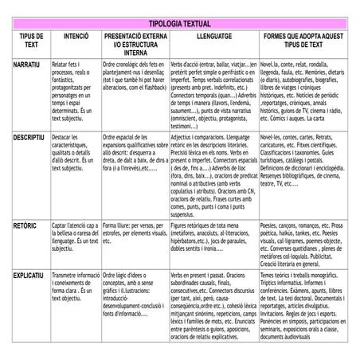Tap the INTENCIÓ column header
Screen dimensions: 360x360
[76, 37]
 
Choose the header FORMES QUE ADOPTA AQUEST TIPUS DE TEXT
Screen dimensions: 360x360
[303, 41]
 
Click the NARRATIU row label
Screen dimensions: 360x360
[27, 62]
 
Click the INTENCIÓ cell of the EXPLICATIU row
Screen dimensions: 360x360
[75, 287]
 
